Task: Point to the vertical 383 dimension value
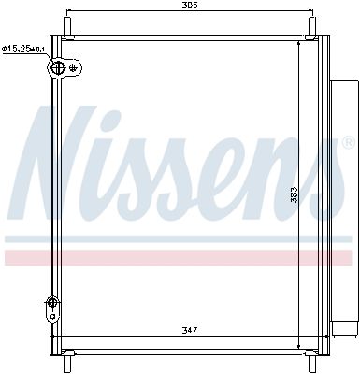pos(294,194)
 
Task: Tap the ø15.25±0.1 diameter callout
pos(23,50)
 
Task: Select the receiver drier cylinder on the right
pos(343,206)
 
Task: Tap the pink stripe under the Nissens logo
pos(178,256)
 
